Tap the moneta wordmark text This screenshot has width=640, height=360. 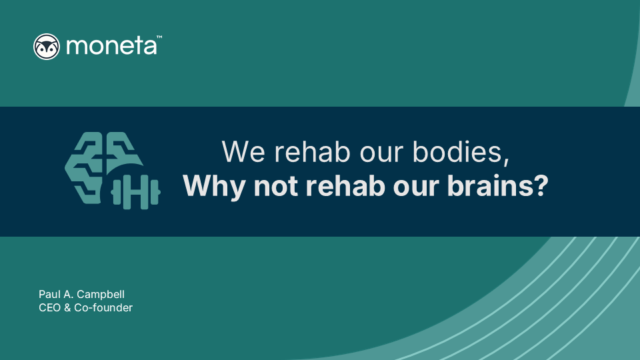point(110,47)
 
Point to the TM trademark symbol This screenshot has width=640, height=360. point(159,38)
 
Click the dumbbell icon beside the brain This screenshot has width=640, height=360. point(135,194)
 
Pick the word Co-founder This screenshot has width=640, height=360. point(104,307)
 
